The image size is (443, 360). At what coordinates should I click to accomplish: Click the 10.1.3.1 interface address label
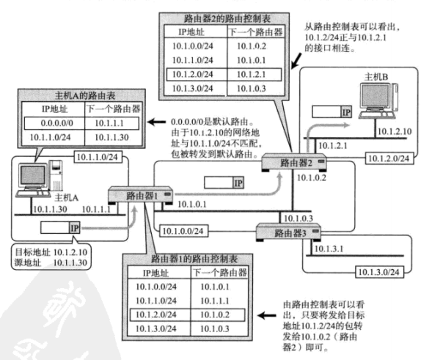[x=329, y=249]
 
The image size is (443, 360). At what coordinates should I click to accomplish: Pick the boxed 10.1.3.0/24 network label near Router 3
[x=379, y=272]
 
